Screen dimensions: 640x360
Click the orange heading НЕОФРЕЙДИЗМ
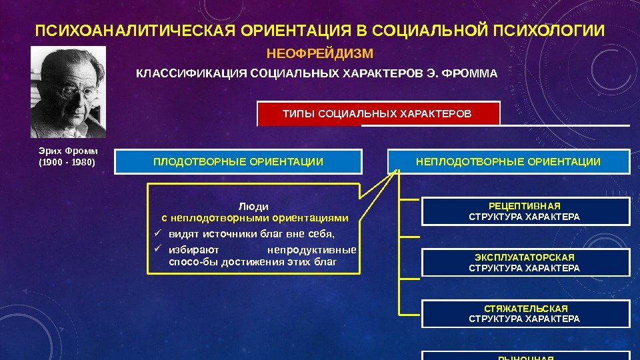(x=319, y=53)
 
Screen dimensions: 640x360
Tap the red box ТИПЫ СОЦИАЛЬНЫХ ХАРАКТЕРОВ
(x=377, y=114)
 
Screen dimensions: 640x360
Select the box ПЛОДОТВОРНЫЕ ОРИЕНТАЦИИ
(x=238, y=162)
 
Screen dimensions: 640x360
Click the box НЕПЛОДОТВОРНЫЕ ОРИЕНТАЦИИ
(x=508, y=162)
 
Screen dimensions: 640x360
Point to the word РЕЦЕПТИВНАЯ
(x=524, y=207)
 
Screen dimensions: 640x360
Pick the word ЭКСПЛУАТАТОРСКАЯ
(x=524, y=257)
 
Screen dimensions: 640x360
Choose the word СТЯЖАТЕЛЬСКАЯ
(x=525, y=309)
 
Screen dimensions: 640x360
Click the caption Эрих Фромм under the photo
(x=67, y=151)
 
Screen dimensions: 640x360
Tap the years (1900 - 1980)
(x=67, y=162)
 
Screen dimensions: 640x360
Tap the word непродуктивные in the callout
(x=311, y=251)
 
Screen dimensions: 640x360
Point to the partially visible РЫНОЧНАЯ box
(x=525, y=355)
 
